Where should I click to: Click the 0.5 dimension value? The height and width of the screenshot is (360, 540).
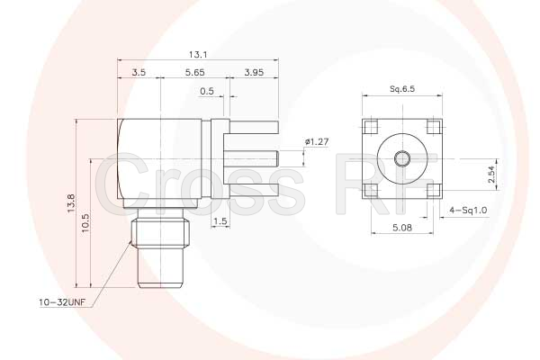coord(206,91)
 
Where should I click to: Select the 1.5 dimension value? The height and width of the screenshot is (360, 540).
coord(220,221)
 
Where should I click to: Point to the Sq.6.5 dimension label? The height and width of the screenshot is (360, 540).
coord(402,90)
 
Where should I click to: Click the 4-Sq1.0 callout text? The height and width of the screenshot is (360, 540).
coord(468,210)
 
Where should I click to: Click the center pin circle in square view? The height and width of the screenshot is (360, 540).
coord(402,158)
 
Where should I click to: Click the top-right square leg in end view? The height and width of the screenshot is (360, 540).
coord(433,127)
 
